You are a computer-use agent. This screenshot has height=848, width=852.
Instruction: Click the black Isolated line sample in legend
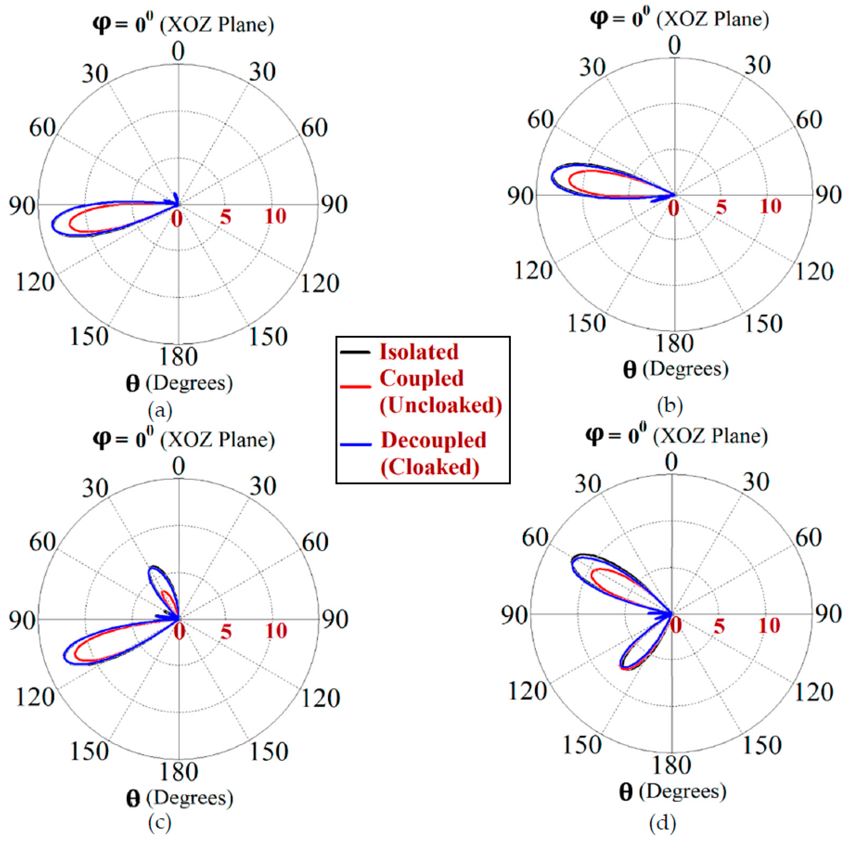coord(355,352)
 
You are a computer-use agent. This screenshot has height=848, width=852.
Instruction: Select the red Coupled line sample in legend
coord(355,387)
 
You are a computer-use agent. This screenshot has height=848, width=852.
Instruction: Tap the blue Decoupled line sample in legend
coord(355,445)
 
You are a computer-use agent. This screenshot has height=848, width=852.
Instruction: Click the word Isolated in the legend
coord(419,352)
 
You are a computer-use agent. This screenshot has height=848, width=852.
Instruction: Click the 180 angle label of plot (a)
coord(178,356)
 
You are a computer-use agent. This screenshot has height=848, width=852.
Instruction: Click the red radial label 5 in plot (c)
coord(226,632)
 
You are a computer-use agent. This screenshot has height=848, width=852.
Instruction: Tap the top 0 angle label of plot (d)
coord(671,462)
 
